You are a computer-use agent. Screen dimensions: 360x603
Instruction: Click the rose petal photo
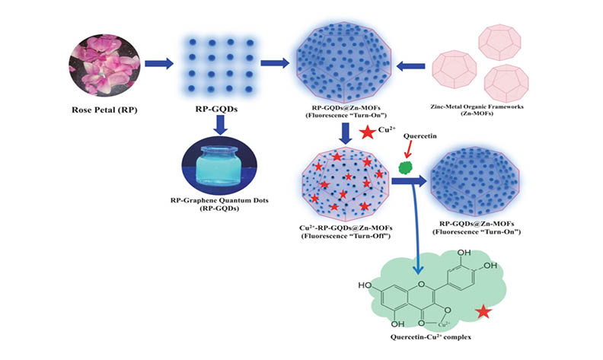pyautogui.click(x=105, y=62)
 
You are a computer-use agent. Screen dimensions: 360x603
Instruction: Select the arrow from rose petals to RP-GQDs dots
pyautogui.click(x=161, y=64)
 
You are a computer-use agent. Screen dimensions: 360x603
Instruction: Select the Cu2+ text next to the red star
pyautogui.click(x=387, y=131)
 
